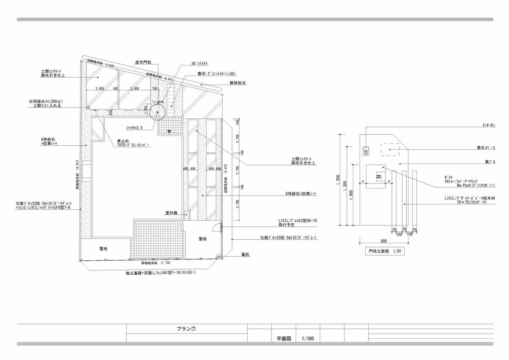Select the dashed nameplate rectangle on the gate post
point(389,149)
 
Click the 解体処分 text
point(239,83)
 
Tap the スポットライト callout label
point(199,63)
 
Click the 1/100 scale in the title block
point(308,338)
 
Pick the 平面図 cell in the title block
point(283,338)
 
